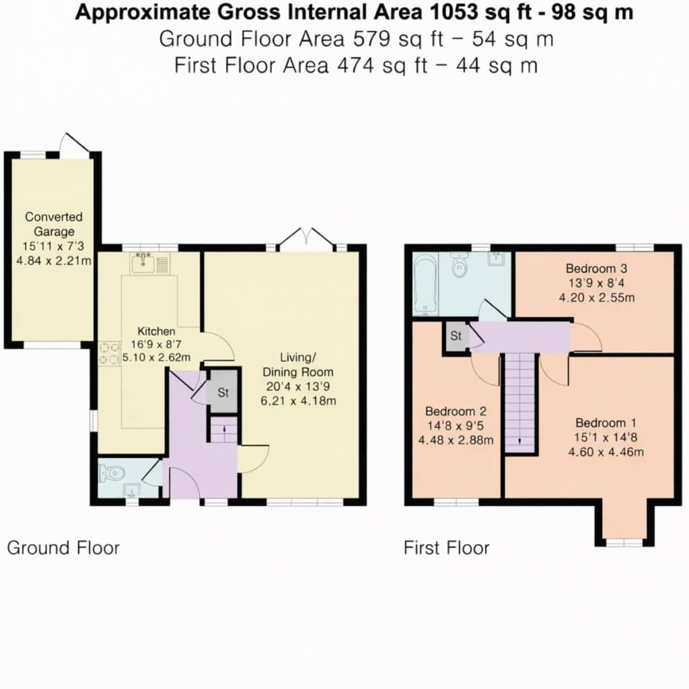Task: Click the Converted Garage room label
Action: tap(54, 224)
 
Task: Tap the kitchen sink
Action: tap(149, 263)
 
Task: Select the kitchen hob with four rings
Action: tap(110, 354)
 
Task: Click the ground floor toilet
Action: tap(110, 473)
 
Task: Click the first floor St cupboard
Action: tap(456, 336)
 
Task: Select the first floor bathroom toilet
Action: tap(460, 264)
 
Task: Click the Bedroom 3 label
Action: tap(596, 268)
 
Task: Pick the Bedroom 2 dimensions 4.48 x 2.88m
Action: tap(456, 440)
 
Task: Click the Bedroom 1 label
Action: tap(606, 423)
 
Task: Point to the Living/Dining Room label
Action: tap(298, 365)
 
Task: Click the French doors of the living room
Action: tap(307, 240)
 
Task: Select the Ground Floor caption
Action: tap(63, 548)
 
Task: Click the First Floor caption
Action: tap(447, 548)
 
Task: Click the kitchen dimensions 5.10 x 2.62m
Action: tap(156, 357)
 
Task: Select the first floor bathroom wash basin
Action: tap(497, 258)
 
